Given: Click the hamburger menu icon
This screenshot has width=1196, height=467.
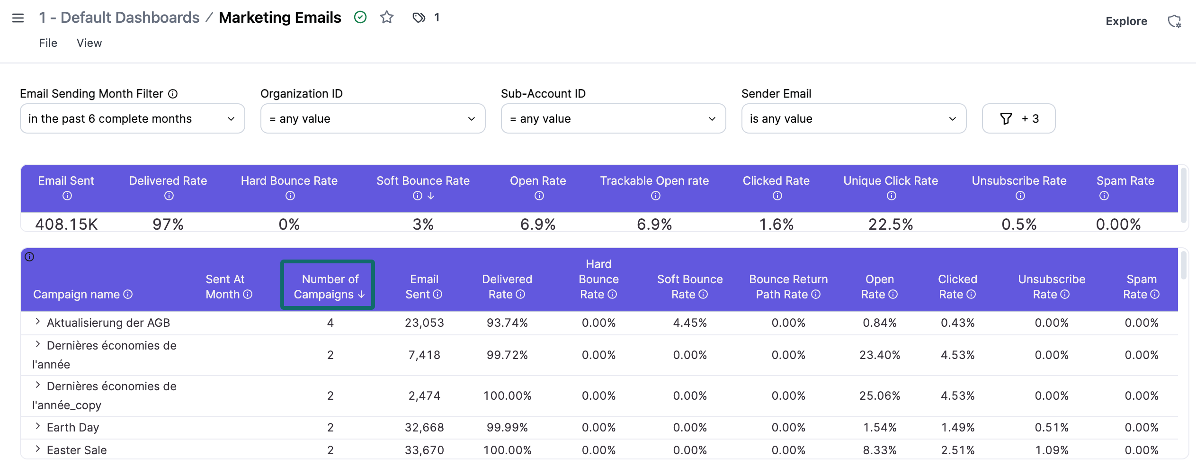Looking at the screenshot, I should [x=18, y=18].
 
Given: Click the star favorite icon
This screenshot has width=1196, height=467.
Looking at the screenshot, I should [x=387, y=18].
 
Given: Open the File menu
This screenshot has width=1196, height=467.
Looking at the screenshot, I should [x=48, y=43].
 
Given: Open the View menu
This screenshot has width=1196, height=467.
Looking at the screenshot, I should [x=89, y=43].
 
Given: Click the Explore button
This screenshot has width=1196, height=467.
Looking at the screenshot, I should [x=1126, y=21].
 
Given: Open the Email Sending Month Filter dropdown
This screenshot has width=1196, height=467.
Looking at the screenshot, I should [x=132, y=118].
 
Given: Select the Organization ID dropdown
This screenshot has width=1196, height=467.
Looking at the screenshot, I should [x=373, y=118].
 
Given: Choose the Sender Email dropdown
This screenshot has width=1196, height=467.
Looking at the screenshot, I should [x=853, y=118].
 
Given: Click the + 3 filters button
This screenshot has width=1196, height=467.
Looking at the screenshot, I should [x=1018, y=118].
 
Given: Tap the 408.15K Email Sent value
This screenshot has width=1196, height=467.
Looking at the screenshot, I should [x=66, y=224].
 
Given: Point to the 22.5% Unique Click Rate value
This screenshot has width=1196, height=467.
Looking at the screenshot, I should [x=890, y=224].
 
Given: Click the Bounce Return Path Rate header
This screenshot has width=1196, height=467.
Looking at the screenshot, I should [x=788, y=286].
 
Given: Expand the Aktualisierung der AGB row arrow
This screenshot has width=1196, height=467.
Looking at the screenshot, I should [x=37, y=322].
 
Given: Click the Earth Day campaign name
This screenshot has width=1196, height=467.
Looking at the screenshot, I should [x=73, y=427].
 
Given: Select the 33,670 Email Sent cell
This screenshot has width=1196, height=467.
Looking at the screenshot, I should [x=424, y=450].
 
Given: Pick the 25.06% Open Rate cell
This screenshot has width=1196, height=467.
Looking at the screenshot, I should [x=879, y=395].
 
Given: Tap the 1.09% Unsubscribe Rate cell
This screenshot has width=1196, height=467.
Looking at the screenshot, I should [x=1052, y=450].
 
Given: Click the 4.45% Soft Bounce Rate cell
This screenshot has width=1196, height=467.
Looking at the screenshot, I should [x=690, y=323].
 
